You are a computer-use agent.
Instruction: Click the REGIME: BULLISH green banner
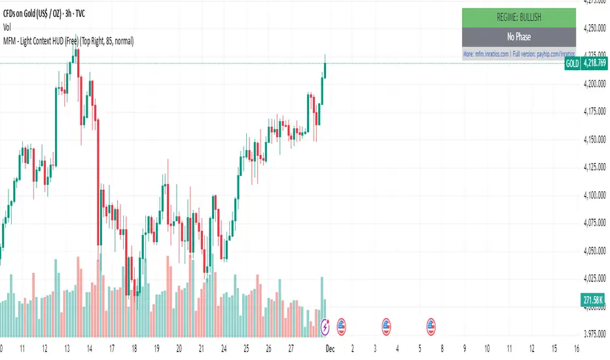[518, 18]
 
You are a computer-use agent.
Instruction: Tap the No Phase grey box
[518, 37]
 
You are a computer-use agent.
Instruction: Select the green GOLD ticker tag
[571, 63]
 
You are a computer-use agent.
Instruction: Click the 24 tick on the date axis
[224, 348]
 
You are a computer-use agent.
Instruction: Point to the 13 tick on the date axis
[67, 348]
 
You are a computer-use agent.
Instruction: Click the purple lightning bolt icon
[327, 324]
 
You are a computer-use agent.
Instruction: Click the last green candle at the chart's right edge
[325, 69]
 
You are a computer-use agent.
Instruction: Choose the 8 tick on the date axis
[442, 348]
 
